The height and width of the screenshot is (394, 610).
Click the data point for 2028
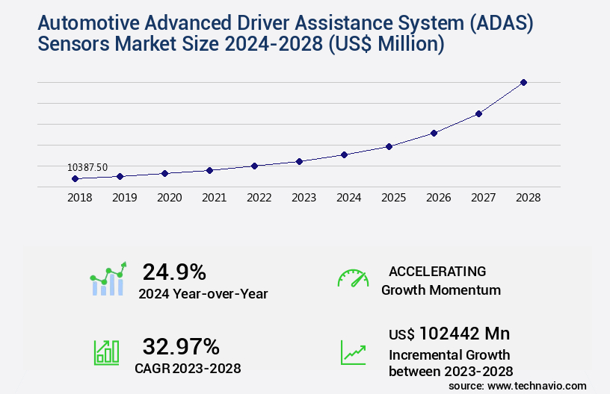[523, 82]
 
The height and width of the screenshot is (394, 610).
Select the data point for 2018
[75, 179]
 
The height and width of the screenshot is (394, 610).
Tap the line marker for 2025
[389, 146]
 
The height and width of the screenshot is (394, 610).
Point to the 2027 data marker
[478, 113]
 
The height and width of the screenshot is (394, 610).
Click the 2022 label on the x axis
[259, 198]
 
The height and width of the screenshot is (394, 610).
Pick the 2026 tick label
[438, 198]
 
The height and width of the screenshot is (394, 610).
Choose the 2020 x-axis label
[169, 198]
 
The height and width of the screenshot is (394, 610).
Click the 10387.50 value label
[87, 168]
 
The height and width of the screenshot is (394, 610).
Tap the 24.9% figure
[174, 272]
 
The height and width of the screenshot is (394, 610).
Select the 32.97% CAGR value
[181, 346]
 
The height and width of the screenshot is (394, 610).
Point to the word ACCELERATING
[437, 272]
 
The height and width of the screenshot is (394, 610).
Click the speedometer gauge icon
[353, 278]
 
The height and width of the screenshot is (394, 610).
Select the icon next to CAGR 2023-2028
[106, 351]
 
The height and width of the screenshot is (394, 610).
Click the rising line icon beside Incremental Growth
[353, 351]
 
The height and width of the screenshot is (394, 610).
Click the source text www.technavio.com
[537, 386]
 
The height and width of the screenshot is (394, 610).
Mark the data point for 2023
[299, 161]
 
